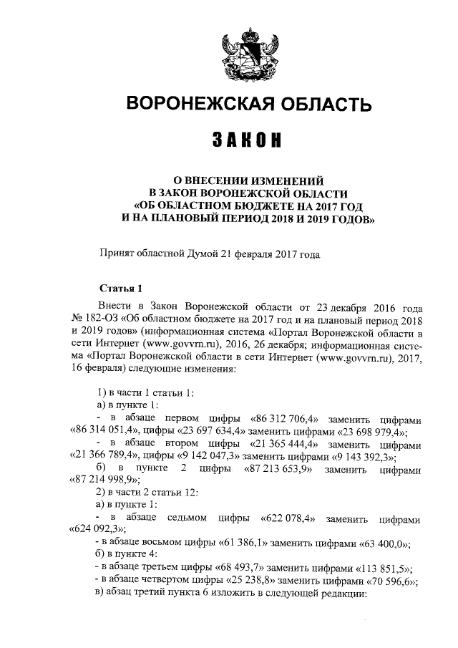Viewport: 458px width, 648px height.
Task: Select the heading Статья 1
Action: click(121, 289)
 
